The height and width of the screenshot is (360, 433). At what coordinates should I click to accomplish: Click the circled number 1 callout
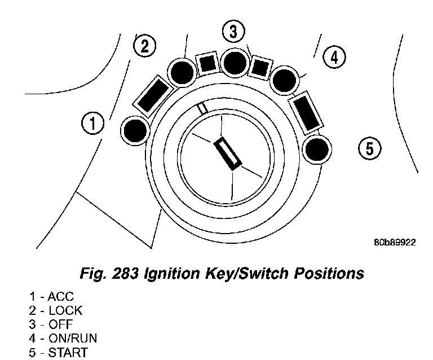click(92, 122)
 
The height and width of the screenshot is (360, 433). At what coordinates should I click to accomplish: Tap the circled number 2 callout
click(145, 46)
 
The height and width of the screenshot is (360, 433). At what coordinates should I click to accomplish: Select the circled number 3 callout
click(233, 32)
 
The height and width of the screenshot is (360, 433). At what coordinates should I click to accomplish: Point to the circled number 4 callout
click(334, 57)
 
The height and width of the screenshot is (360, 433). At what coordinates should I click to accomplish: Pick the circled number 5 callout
click(369, 148)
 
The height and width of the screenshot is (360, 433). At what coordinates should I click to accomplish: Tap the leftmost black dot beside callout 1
click(135, 130)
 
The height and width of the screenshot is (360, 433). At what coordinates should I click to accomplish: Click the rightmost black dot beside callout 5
click(316, 149)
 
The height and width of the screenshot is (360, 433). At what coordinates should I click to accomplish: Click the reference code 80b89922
click(394, 243)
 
